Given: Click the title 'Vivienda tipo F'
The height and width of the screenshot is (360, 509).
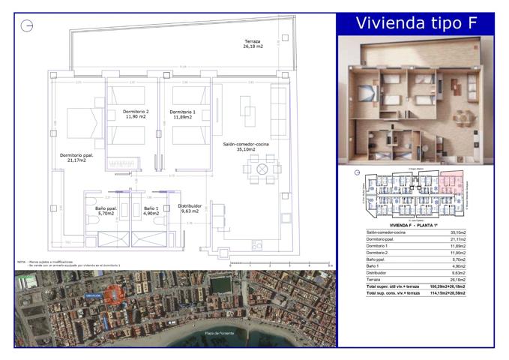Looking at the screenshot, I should pos(416,22).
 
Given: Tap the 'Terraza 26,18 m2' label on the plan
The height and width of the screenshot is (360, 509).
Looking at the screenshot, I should pos(253,43).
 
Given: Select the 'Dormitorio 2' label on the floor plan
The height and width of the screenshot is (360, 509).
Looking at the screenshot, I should pos(136,115).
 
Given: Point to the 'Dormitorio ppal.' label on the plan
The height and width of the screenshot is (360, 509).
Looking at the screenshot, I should pos(77,157).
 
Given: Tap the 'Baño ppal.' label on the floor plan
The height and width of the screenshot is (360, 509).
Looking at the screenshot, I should pos(106,211).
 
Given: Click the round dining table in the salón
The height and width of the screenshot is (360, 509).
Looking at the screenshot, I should pos(262,169).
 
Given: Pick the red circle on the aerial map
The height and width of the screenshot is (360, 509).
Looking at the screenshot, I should pos(113,295).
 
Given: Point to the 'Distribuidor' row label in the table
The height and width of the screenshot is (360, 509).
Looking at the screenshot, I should pos(378,273).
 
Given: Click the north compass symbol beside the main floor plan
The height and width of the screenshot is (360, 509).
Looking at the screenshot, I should pos(28,26).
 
